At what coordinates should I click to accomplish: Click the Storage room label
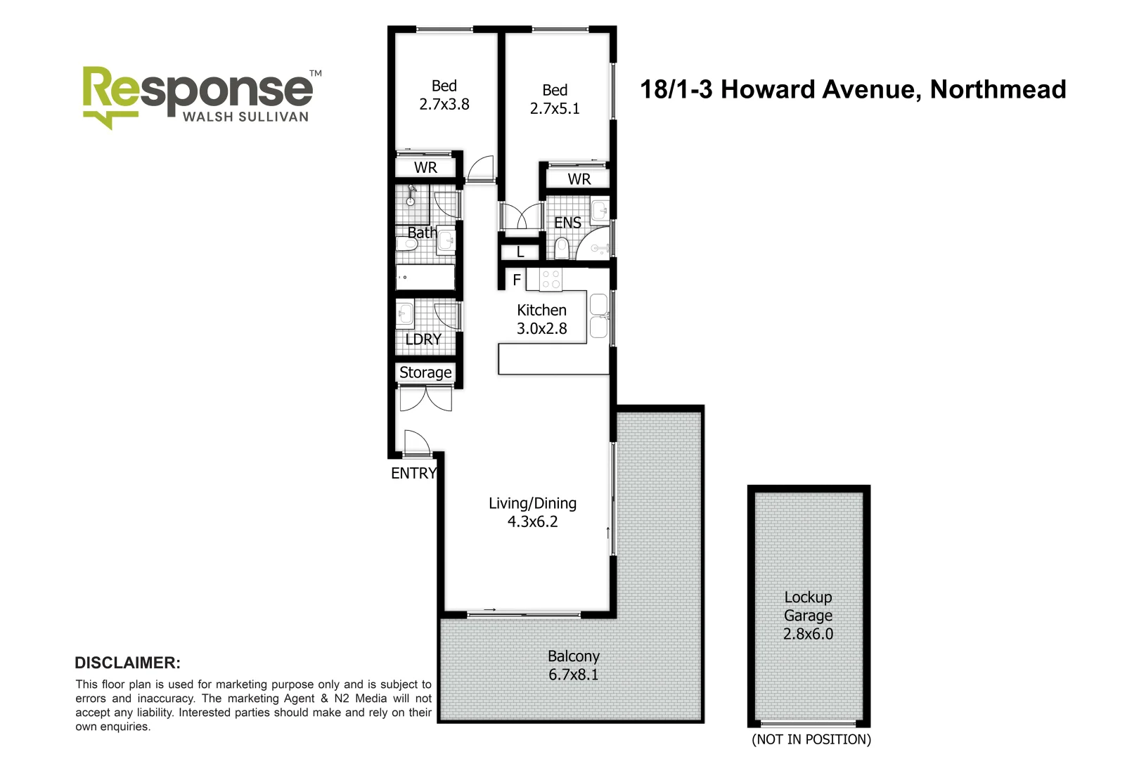coord(425,372)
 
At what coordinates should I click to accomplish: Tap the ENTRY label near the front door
coord(413,474)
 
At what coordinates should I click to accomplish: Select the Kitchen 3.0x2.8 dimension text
coord(541,328)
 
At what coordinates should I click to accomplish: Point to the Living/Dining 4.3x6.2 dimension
coord(532,521)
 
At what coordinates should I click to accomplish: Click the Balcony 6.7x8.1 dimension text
coord(573,675)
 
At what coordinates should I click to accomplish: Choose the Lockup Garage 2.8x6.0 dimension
coord(808,634)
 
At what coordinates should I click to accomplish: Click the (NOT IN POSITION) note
coord(811,739)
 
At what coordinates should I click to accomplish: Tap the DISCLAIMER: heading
coord(127,663)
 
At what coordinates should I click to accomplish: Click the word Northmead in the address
coord(998,89)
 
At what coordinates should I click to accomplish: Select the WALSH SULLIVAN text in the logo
coord(245,117)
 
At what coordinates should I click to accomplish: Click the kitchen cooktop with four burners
coord(551,280)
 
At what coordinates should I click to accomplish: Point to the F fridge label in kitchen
coord(517,280)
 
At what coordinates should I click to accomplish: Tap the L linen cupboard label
coord(520,252)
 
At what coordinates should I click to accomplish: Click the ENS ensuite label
coord(567,223)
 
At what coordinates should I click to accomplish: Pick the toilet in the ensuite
coord(561,247)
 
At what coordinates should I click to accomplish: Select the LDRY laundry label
coord(423,339)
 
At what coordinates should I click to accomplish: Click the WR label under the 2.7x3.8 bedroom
coord(425,168)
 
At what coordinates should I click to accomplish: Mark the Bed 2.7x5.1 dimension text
coord(554,108)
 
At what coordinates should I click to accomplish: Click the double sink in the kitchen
coord(598,316)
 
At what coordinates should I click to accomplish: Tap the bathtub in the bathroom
coord(425,277)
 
